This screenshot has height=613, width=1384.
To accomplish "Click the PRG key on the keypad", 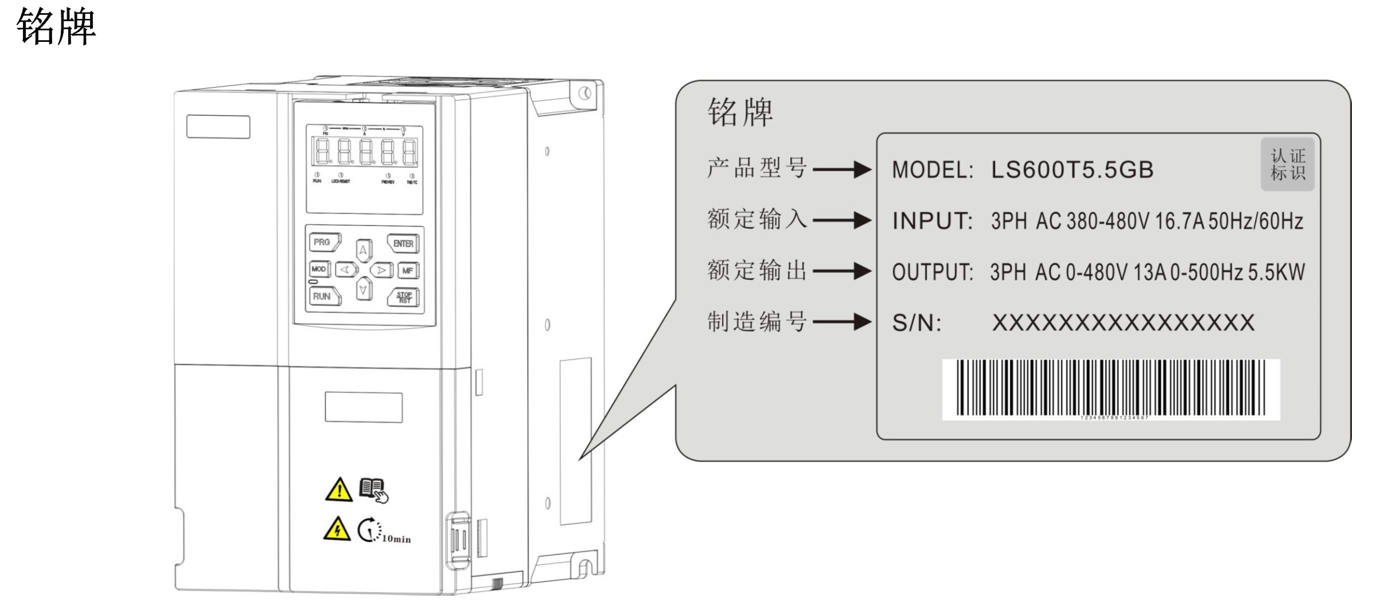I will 323,243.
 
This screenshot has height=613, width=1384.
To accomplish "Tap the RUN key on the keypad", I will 323,296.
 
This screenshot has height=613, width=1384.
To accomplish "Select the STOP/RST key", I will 404,298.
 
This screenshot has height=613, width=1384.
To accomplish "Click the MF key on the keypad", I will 408,270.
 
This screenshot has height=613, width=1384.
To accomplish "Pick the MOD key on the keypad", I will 319,269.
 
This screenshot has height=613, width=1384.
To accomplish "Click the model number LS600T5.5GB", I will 1071,170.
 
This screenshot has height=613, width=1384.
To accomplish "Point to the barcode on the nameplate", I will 1110,388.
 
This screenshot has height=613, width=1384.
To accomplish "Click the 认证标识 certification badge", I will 1287,165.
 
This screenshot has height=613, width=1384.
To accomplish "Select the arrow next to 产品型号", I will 841,169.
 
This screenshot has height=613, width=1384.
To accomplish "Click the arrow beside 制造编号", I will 841,322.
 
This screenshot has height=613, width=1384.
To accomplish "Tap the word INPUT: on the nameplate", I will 932,221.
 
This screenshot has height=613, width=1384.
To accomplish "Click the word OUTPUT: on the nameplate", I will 932,272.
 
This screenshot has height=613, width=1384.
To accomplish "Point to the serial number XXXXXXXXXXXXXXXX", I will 1123,323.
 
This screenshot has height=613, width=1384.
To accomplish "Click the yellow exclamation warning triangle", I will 339,490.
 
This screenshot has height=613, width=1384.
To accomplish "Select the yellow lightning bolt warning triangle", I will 337,529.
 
